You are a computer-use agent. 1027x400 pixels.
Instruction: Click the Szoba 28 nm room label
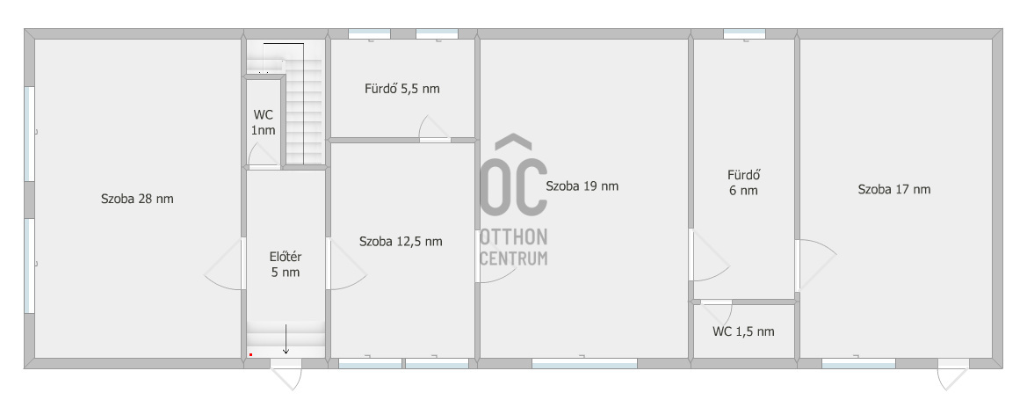click(x=137, y=199)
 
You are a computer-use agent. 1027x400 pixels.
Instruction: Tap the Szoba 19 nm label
click(x=582, y=186)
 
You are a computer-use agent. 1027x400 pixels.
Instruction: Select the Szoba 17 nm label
click(x=894, y=190)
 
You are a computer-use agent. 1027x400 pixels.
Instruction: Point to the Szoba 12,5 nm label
click(x=401, y=242)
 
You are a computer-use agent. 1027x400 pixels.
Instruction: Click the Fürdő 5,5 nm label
click(x=402, y=89)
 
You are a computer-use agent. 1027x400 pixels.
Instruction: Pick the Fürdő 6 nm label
click(x=743, y=183)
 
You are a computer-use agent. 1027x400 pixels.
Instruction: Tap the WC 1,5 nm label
click(x=743, y=331)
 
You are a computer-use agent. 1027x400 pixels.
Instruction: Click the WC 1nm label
click(x=263, y=122)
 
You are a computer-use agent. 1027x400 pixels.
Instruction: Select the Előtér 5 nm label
click(x=286, y=265)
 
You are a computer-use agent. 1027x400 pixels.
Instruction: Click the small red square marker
click(x=251, y=355)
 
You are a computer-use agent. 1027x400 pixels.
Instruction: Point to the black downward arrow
click(x=286, y=339)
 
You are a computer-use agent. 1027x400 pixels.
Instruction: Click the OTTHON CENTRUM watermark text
click(x=514, y=247)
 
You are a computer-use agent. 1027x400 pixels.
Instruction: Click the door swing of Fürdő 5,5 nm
click(x=432, y=127)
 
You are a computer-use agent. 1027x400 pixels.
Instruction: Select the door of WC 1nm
click(x=264, y=156)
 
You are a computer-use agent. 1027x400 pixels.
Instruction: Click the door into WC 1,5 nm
click(x=717, y=311)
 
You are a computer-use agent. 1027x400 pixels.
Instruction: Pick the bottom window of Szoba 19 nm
click(x=584, y=363)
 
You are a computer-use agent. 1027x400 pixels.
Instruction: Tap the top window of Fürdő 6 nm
click(x=744, y=33)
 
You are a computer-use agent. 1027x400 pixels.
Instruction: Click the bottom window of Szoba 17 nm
click(x=858, y=363)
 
